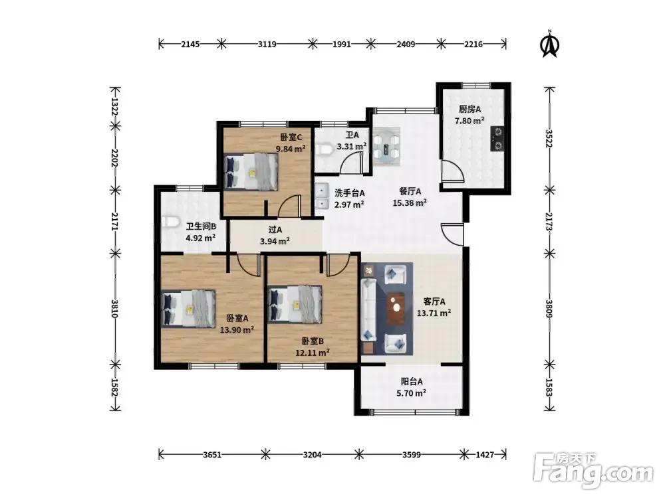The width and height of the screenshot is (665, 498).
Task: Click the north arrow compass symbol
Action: pos(550,44)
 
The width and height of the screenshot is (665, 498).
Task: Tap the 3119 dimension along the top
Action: pos(267,44)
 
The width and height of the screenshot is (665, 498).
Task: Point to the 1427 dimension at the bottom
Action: pos(485,454)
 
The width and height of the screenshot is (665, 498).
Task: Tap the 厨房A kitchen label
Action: pos(470,110)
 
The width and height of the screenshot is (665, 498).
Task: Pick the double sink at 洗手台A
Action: pos(322,197)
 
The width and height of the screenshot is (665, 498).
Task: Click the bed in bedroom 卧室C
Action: pos(251,171)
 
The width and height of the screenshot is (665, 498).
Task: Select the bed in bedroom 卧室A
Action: pos(189,309)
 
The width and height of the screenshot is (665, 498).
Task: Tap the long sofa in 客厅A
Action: pos(368,309)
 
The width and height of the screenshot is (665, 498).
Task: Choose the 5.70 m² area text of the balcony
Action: pos(412,393)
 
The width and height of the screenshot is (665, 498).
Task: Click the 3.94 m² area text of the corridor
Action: pos(275,242)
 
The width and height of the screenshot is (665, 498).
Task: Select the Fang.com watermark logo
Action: pos(594,470)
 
